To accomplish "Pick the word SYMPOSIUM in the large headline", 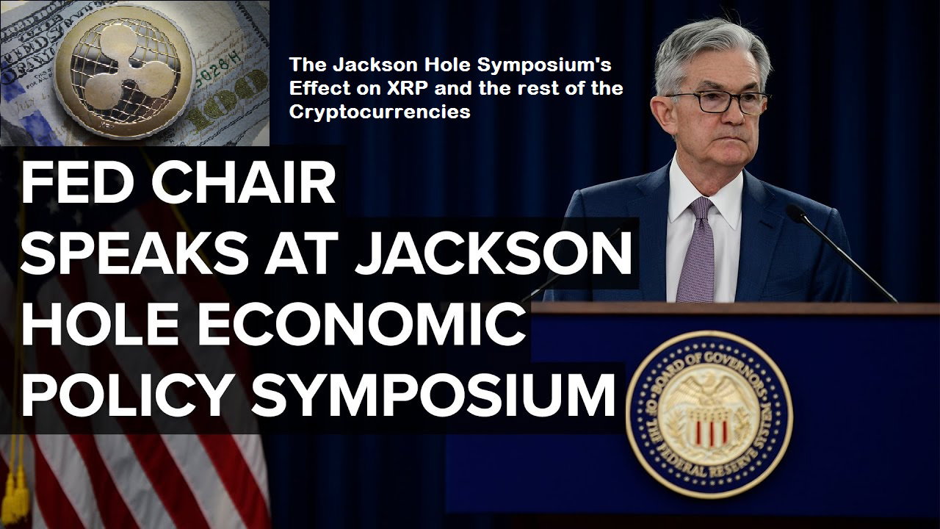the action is [x=433, y=395].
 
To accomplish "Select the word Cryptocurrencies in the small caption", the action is [x=380, y=112].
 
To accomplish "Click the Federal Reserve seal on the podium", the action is [x=709, y=414].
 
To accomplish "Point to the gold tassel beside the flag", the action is [x=17, y=495].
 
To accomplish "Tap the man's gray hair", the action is [x=709, y=51].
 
